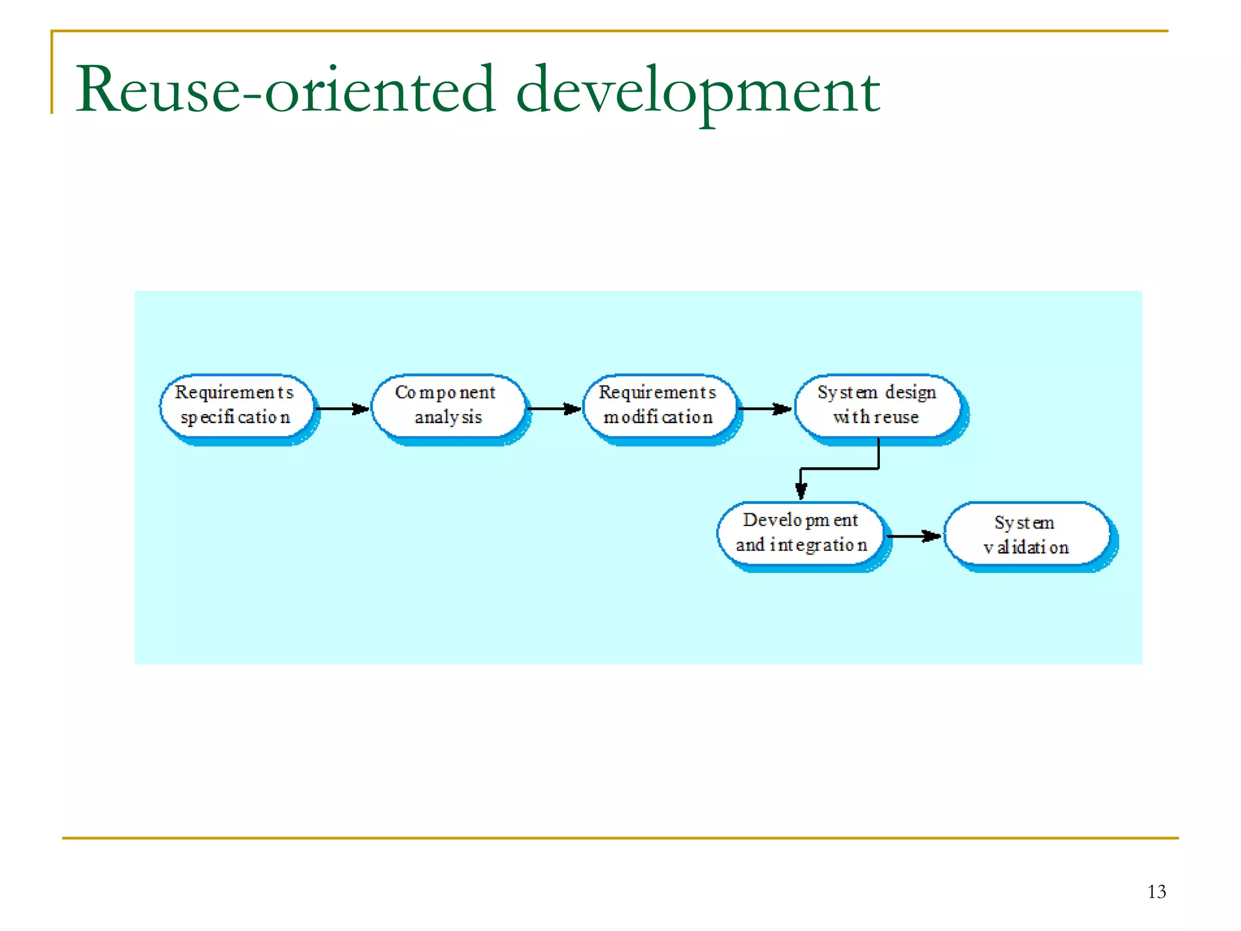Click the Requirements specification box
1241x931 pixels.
(236, 405)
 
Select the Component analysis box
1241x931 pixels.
(447, 405)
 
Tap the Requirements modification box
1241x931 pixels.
(659, 405)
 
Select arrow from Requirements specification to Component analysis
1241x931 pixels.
(342, 409)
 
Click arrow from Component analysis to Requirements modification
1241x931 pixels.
(554, 409)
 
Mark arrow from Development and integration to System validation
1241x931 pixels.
(914, 536)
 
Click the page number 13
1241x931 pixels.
(1156, 892)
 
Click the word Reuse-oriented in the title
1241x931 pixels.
(285, 91)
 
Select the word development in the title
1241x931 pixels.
(698, 91)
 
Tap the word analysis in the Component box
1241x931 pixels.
(448, 418)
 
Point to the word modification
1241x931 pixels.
(659, 418)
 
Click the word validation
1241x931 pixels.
(1026, 547)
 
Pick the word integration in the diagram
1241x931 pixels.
(818, 546)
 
